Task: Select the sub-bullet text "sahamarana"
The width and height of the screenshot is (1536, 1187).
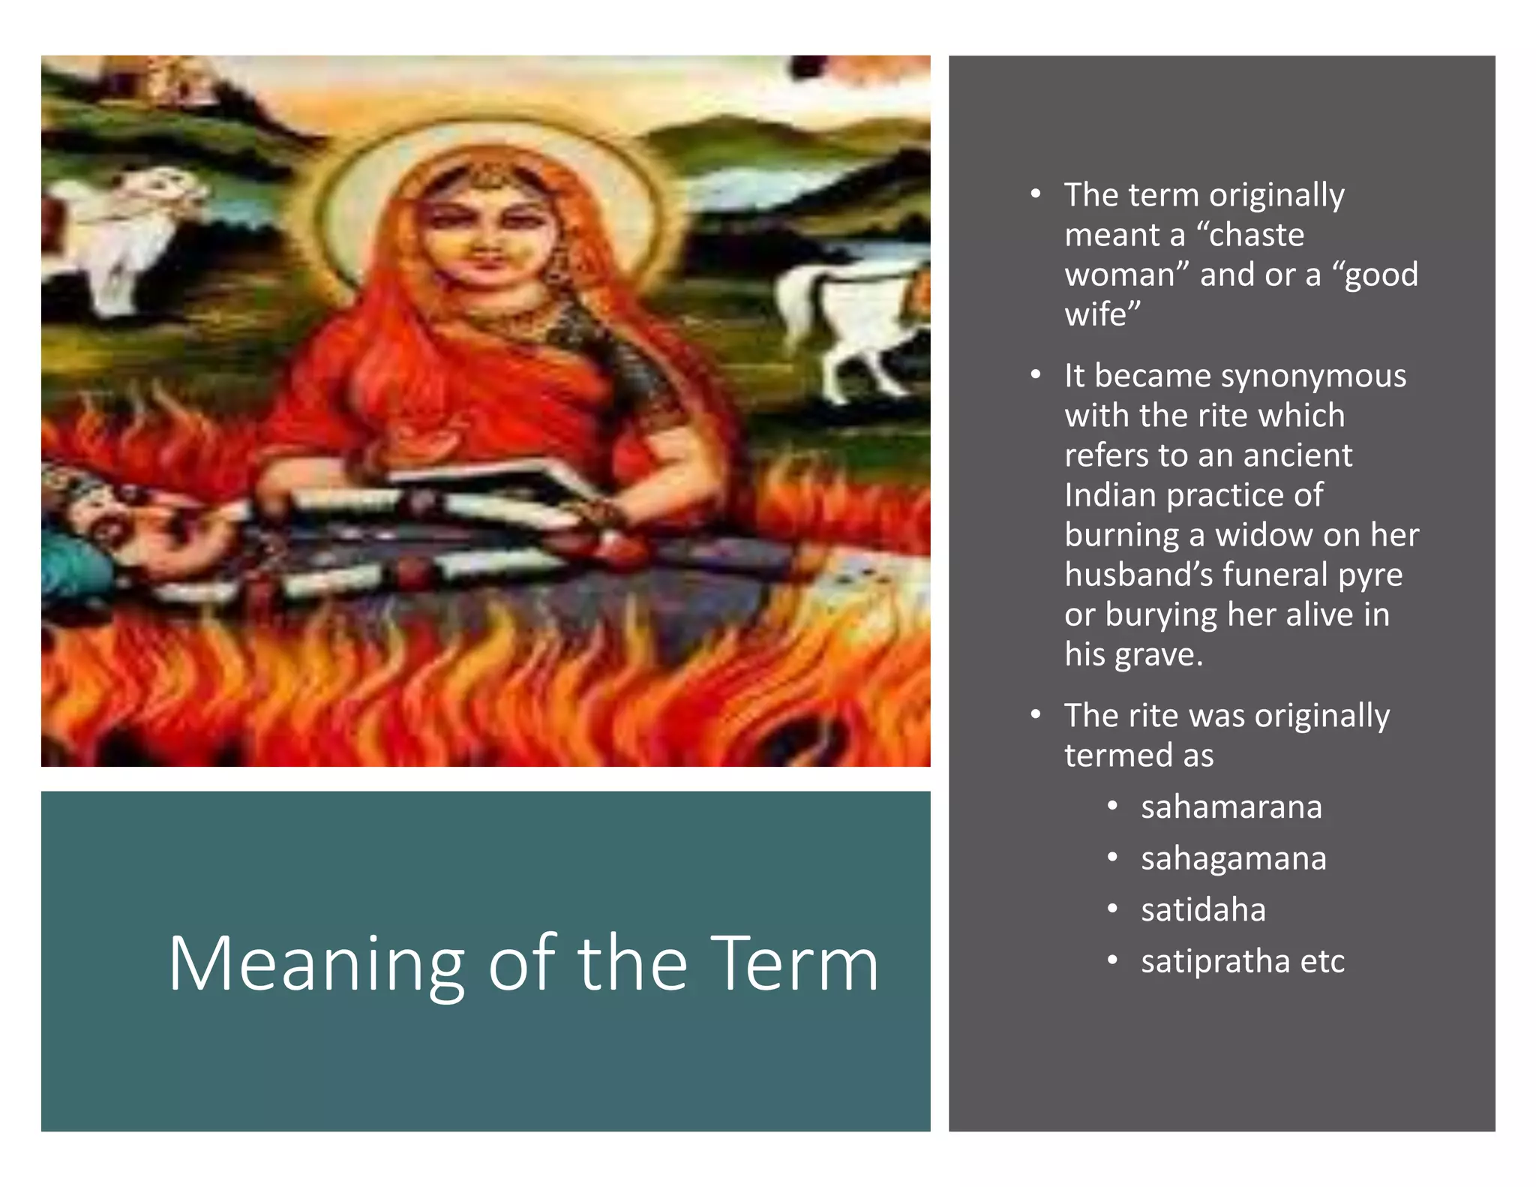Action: [x=1231, y=807]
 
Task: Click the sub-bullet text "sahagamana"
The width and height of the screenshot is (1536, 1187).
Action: [x=1233, y=858]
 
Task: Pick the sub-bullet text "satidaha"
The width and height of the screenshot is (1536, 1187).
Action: [x=1203, y=909]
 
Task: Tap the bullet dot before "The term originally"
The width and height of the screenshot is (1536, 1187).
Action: [x=1036, y=195]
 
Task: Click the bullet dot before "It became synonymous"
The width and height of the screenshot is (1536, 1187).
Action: [x=1036, y=375]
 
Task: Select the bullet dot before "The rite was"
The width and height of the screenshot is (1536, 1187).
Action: [x=1036, y=715]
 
